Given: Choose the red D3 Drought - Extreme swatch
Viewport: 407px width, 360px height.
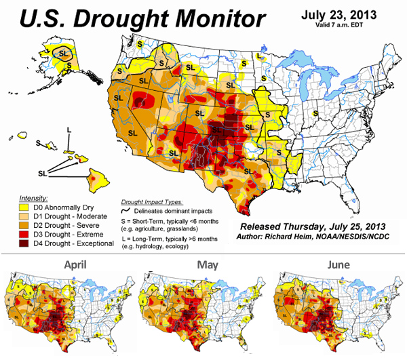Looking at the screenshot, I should (x=12, y=235).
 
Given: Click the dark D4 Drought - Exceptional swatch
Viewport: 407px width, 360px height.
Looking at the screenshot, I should (x=12, y=243).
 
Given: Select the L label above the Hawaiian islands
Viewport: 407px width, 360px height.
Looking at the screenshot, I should (x=69, y=129).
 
